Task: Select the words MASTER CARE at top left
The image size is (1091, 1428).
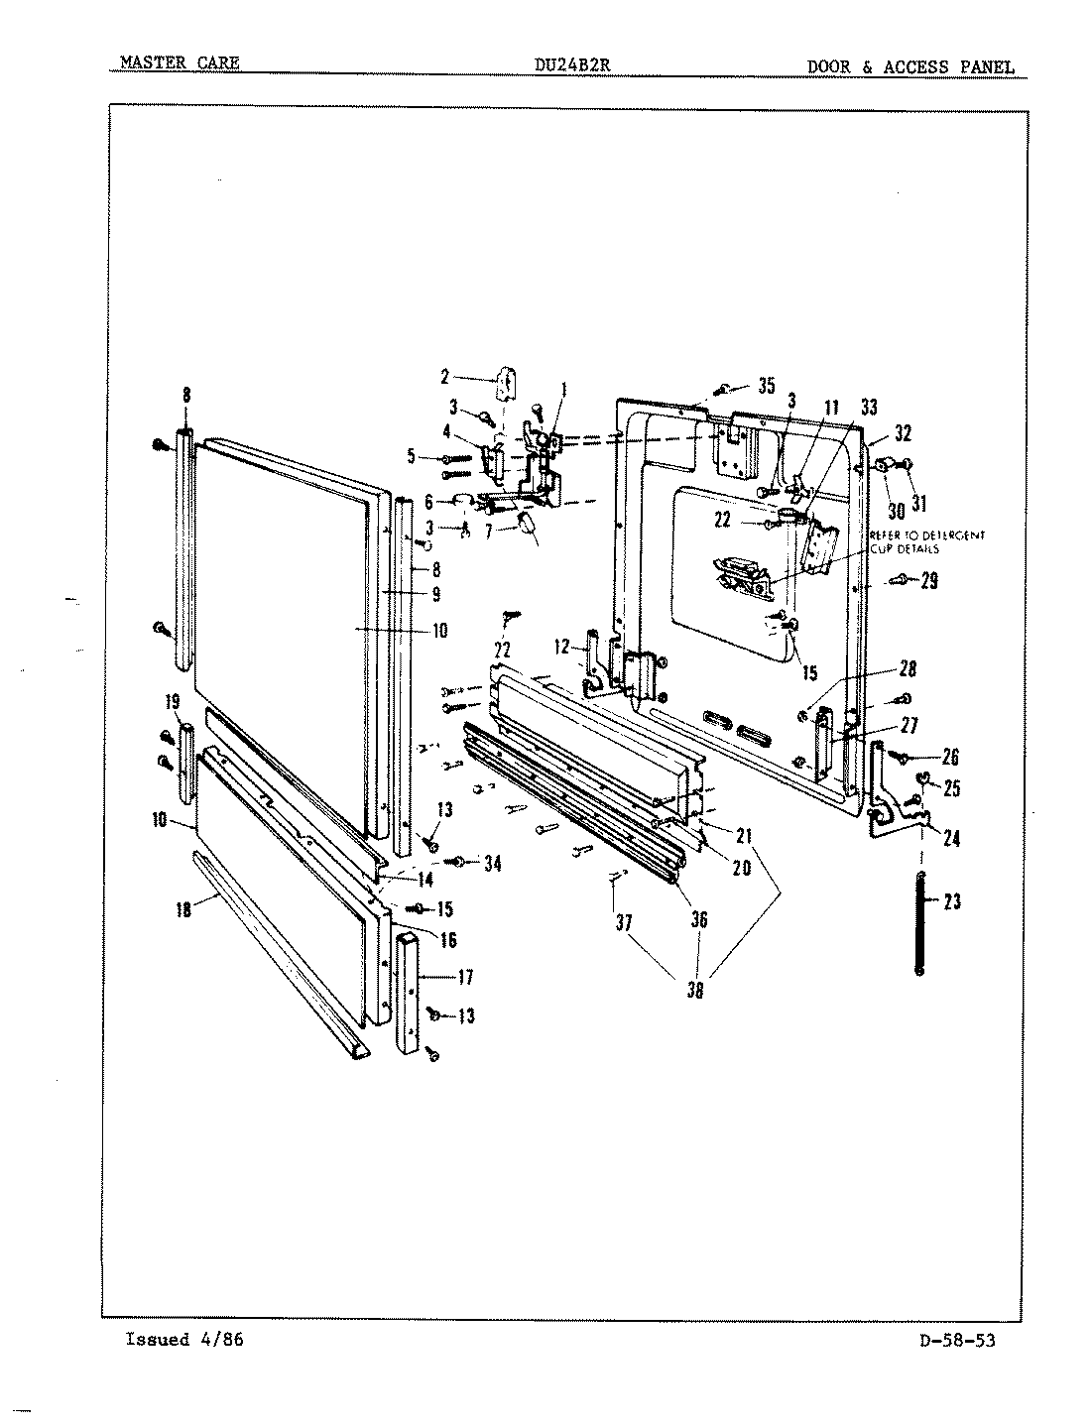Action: [x=179, y=63]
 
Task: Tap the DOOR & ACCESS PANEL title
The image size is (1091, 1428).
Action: [x=909, y=67]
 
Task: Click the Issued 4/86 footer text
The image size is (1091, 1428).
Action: [x=184, y=1339]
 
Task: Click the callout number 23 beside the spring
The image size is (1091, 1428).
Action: [x=951, y=902]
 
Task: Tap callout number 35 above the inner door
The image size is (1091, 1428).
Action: [x=765, y=386]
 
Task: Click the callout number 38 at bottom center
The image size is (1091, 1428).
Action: [x=695, y=989]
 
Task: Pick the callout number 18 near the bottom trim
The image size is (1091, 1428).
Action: [x=184, y=908]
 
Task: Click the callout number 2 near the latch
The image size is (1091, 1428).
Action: [x=445, y=376]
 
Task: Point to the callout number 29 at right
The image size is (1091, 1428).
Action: [x=928, y=581]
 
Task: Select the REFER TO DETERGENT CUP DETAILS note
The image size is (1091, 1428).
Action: [x=927, y=541]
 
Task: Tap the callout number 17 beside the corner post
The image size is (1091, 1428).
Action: [x=465, y=977]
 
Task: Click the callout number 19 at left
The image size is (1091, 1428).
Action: [x=173, y=703]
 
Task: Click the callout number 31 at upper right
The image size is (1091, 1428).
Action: [x=919, y=504]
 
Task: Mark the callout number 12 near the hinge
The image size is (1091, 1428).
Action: [x=562, y=647]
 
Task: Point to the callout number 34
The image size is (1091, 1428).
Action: [x=491, y=863]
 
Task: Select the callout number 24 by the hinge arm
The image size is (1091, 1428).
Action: [x=950, y=838]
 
